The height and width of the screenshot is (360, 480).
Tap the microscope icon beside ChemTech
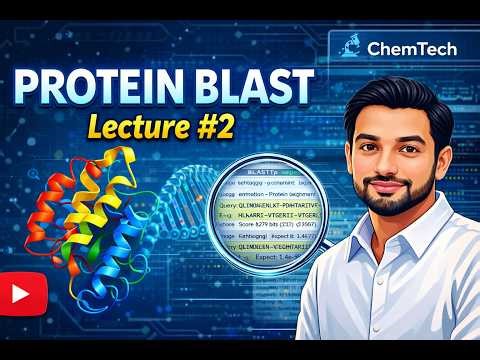[351, 45]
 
